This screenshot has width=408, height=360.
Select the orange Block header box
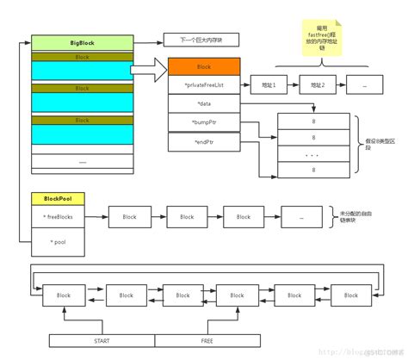click(x=204, y=66)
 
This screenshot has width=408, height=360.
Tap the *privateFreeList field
click(x=204, y=85)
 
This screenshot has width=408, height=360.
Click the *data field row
click(x=204, y=104)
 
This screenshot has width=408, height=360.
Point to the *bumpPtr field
click(x=204, y=123)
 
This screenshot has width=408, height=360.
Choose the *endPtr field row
click(x=204, y=142)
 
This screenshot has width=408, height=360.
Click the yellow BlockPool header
click(x=57, y=198)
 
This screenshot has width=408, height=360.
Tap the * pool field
click(x=57, y=242)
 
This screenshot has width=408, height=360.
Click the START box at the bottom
click(x=102, y=340)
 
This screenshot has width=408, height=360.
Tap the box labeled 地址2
click(x=317, y=85)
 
